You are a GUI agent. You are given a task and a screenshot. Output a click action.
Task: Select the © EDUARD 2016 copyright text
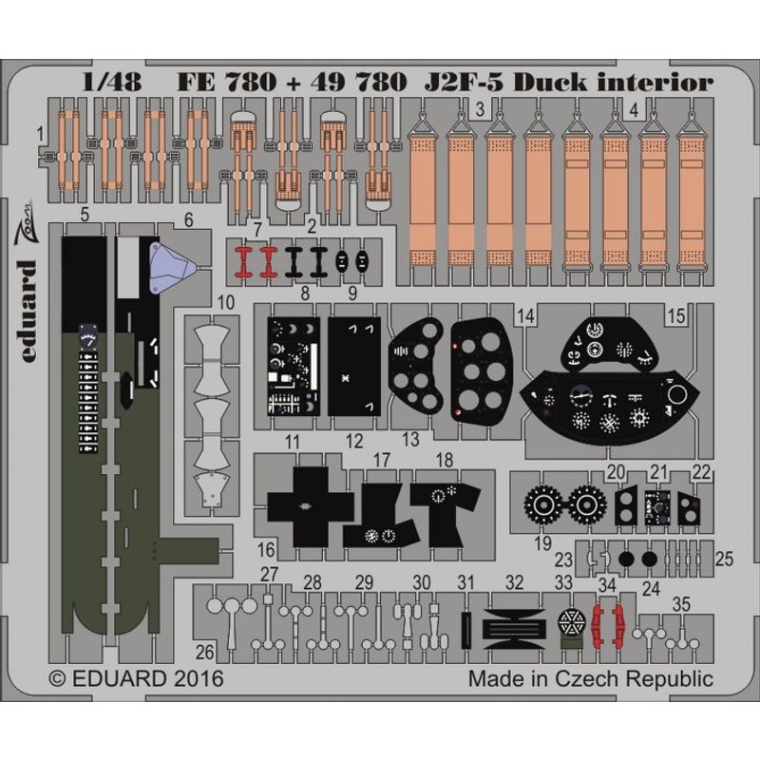pyautogui.click(x=136, y=679)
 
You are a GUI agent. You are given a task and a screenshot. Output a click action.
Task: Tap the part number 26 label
pyautogui.click(x=204, y=652)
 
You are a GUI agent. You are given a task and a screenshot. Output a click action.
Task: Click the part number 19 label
pyautogui.click(x=542, y=543)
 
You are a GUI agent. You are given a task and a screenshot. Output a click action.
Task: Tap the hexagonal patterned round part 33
pyautogui.click(x=572, y=624)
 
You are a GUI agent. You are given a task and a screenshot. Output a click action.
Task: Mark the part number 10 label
pyautogui.click(x=225, y=302)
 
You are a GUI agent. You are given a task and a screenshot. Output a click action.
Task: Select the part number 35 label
pyautogui.click(x=681, y=603)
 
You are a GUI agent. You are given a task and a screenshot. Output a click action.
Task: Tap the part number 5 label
pyautogui.click(x=85, y=217)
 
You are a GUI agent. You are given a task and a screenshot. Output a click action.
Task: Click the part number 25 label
pyautogui.click(x=724, y=559)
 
